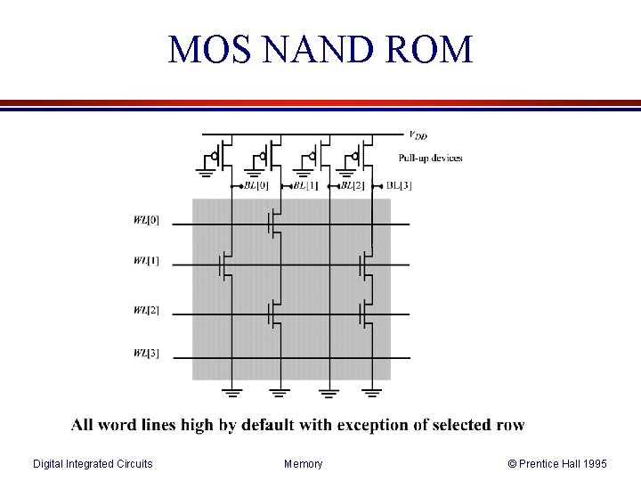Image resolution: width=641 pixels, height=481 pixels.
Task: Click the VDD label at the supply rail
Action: point(417,135)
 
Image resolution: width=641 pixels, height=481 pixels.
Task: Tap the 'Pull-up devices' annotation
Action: point(430,159)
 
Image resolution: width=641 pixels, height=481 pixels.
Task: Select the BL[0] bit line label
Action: point(256,186)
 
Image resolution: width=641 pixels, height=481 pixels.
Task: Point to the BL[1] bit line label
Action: point(304,186)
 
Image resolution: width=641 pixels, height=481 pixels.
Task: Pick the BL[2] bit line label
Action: point(353,186)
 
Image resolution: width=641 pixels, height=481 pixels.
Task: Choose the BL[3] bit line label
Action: point(399,186)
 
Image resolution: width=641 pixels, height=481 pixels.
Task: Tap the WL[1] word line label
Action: point(147,261)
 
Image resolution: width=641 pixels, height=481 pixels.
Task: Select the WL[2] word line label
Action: point(147,311)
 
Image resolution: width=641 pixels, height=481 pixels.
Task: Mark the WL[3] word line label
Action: point(147,354)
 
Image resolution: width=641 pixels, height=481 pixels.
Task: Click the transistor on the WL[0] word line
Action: point(274,224)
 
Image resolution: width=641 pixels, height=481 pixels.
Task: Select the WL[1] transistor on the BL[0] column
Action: point(226,265)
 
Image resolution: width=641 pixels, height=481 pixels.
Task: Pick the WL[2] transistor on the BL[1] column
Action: point(274,314)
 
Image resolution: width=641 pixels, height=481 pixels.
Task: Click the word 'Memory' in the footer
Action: point(304,464)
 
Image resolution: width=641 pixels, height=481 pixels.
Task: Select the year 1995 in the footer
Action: point(592,464)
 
